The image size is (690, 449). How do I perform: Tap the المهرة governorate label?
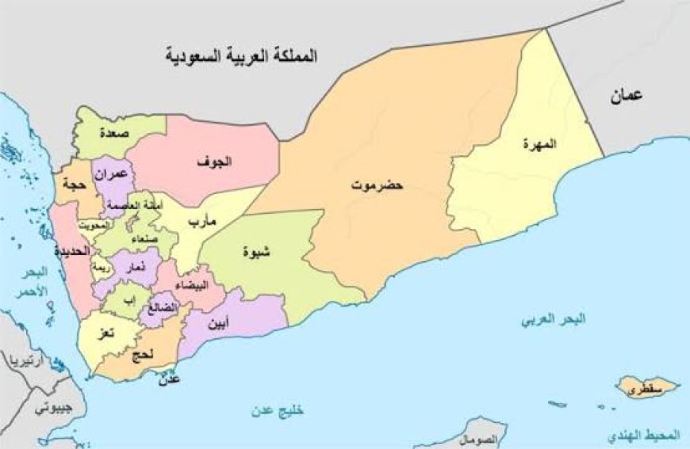click(539, 144)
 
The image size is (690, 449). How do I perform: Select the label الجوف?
click(214, 162)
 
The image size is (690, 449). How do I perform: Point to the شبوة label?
click(256, 253)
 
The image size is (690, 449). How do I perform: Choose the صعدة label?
click(113, 134)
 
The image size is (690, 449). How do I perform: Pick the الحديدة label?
click(71, 251)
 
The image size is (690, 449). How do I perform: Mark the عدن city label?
click(171, 379)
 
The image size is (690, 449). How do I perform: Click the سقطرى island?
click(646, 389)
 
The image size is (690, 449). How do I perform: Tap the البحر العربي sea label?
click(554, 321)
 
